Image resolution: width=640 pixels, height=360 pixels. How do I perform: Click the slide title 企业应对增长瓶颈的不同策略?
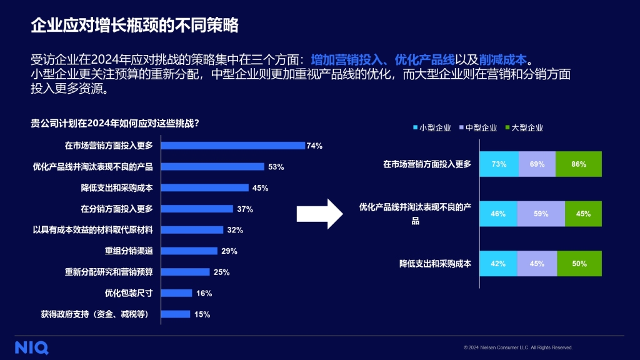coord(134,26)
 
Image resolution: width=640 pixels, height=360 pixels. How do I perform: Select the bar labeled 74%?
coord(233,146)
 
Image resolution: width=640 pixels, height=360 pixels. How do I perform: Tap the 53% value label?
coord(276,167)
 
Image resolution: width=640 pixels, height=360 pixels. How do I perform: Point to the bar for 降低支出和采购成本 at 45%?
coord(205,187)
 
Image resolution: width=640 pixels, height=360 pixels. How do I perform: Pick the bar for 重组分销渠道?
coord(189,251)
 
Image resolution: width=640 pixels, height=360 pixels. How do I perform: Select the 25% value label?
coord(221,272)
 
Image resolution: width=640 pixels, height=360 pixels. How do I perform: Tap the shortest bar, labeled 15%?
coord(176,314)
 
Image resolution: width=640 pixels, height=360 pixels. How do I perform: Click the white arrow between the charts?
coord(319,214)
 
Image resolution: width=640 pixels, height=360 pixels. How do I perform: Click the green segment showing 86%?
coord(578,164)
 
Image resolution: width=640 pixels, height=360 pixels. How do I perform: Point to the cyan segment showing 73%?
coord(499,164)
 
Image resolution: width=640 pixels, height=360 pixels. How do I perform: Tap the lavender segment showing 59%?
coord(541,214)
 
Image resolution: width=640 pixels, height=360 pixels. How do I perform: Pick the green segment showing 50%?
coord(579,264)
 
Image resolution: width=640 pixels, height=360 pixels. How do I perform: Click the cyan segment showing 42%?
coord(498,264)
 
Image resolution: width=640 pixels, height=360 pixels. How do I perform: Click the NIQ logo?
coord(32,347)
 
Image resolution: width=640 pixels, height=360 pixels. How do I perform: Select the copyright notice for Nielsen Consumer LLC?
coord(518,347)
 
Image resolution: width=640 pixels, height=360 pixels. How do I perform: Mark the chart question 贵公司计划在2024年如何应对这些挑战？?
coord(115,122)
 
